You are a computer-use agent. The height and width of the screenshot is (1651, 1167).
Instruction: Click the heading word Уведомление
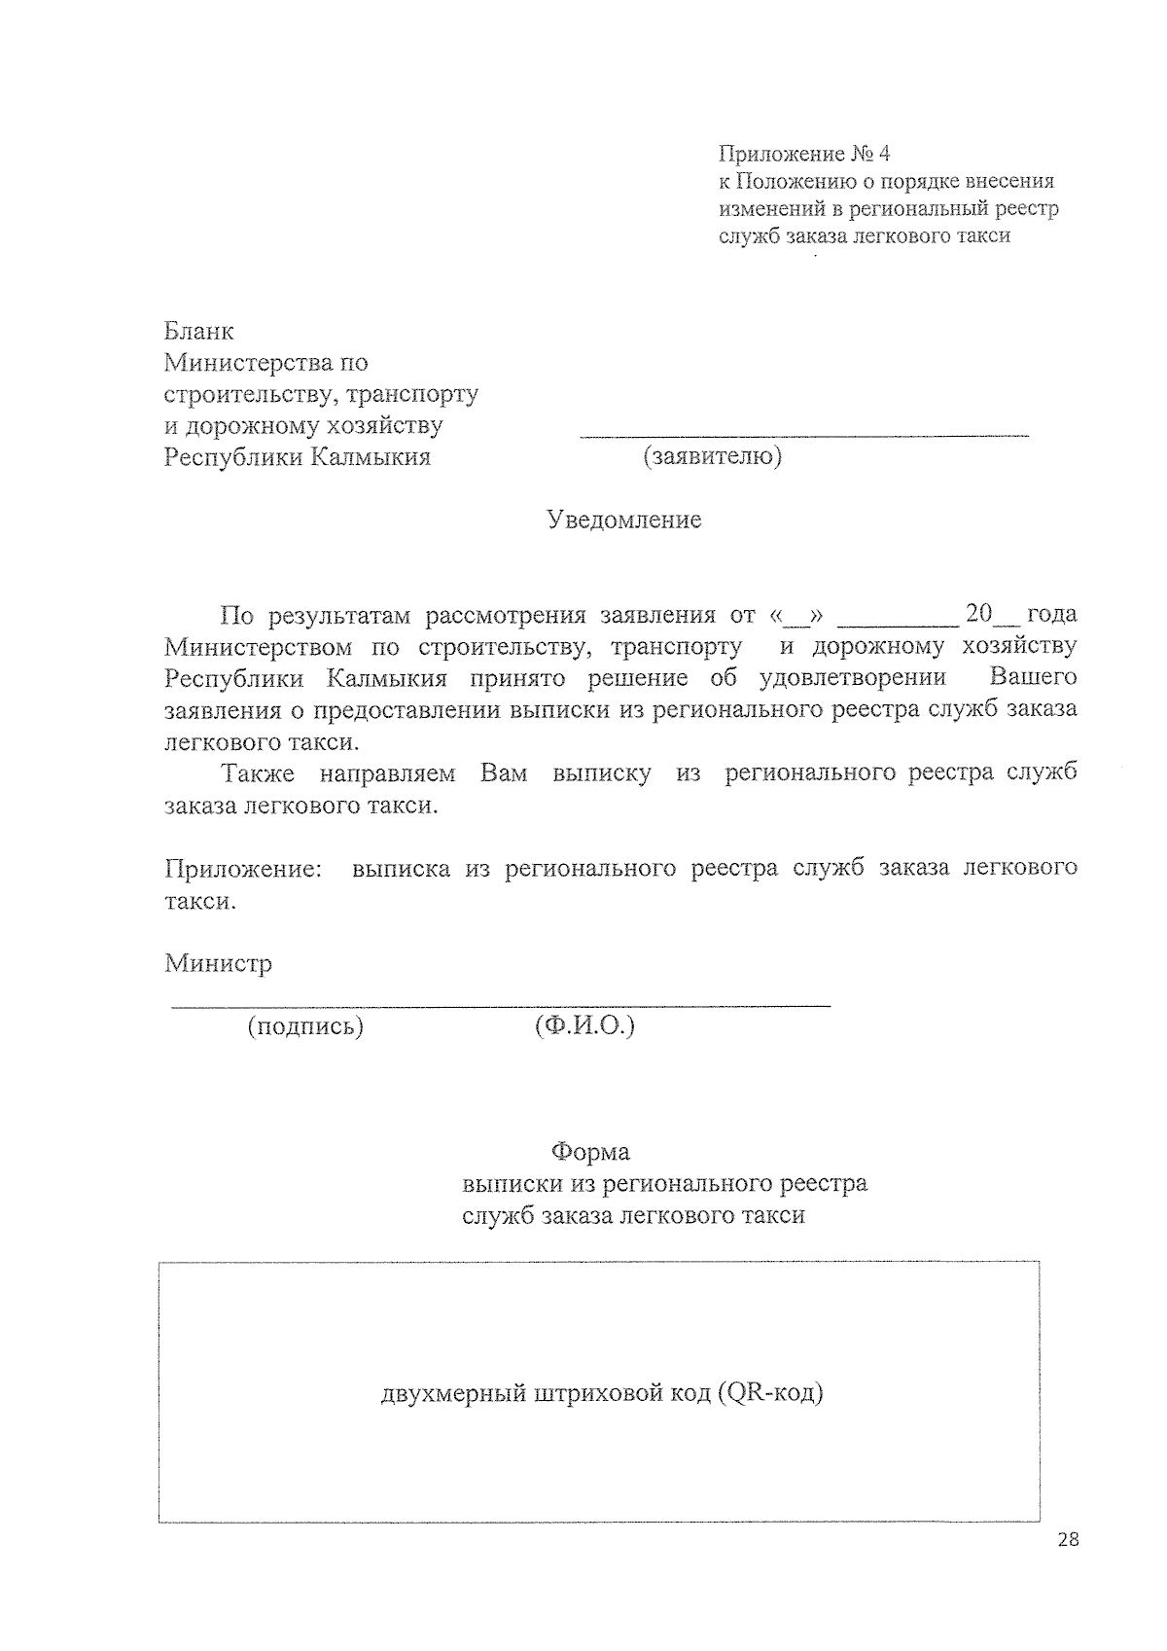coord(623,520)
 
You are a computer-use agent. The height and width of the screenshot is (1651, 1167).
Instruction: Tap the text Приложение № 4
coord(804,154)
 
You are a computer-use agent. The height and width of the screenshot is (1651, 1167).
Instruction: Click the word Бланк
coord(199,332)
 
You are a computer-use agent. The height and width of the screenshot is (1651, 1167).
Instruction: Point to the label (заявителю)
coord(712,456)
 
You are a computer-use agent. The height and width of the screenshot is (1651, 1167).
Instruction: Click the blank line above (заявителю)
coord(804,435)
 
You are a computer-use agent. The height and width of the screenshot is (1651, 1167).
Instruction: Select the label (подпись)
coord(305,1026)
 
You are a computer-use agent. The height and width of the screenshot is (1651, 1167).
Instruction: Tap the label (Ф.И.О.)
coord(584,1026)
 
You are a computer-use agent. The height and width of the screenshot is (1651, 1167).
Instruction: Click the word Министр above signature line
coord(218,963)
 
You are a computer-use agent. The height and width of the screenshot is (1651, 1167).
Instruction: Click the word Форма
coord(590,1153)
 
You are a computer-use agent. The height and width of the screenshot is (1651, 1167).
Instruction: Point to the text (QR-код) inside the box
coord(771,1393)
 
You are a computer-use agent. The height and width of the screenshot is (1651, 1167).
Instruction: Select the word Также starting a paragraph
coord(258,773)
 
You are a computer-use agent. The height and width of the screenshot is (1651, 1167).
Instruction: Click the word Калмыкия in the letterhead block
coord(370,457)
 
